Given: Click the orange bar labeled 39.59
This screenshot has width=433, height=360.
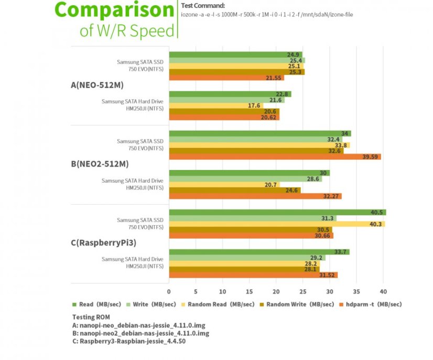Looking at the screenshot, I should coord(274,156).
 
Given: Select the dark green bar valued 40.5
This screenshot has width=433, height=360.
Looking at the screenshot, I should coord(277,213).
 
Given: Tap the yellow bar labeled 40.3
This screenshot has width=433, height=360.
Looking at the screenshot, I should coord(276,224).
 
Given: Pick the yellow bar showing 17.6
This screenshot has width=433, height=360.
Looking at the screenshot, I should coord(215,105).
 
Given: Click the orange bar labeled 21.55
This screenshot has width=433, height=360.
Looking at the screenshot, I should coord(226,78).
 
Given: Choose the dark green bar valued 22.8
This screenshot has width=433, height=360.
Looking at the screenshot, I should coord(230,94).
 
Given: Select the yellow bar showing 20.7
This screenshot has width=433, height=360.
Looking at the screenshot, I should coord(224,185).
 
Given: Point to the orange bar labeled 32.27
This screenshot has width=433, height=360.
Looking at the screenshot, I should coord(255,196).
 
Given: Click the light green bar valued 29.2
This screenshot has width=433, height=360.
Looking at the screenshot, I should coord(247,258).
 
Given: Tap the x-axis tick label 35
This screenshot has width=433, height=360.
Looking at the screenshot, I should coord(356,292).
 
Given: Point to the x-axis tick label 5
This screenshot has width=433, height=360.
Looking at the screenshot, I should coord(196,292).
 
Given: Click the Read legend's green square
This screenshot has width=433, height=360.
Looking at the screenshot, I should coord(74,304).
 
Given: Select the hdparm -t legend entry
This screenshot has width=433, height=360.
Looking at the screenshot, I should coord(373,304).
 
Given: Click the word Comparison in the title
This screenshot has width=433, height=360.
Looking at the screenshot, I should coord(114,10).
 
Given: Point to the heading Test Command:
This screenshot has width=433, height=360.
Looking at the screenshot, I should coord(202,6).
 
